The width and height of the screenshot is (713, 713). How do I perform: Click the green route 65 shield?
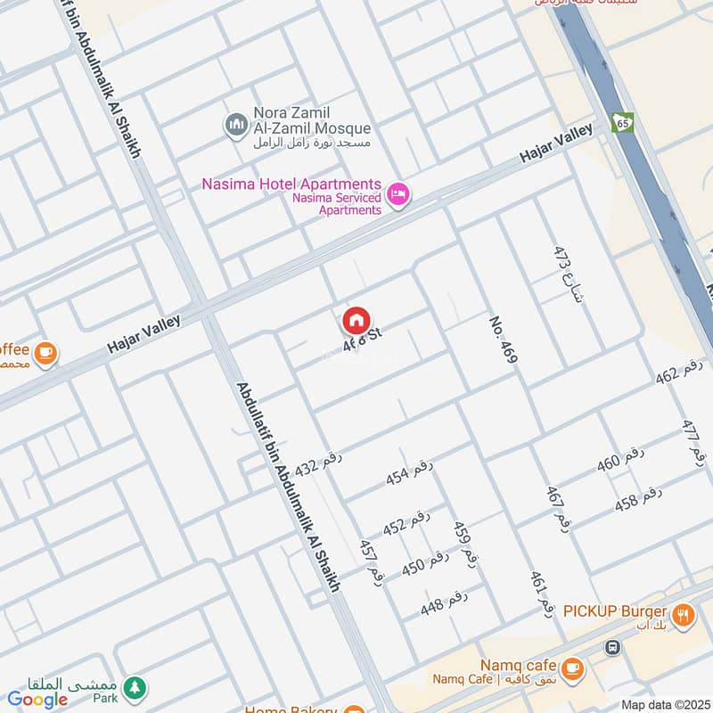tap(622, 121)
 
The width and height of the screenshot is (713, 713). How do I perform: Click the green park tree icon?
tap(134, 686)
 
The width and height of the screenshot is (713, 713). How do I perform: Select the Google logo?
tap(37, 700)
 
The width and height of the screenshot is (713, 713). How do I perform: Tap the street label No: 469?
tap(503, 338)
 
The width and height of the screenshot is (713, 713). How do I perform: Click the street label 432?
tap(318, 463)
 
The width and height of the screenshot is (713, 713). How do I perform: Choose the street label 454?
tap(409, 473)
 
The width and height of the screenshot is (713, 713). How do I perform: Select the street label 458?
tap(638, 499)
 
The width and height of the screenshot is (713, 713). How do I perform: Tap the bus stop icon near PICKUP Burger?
tap(612, 646)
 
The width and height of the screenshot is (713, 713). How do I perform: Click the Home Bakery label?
tap(292, 709)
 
